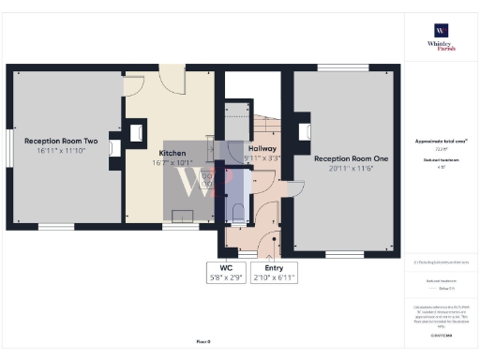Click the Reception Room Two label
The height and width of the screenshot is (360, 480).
(x=61, y=139)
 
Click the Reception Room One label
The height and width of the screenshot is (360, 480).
(x=351, y=159)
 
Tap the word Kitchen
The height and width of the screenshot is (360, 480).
(x=172, y=153)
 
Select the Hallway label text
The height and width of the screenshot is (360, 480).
(x=262, y=149)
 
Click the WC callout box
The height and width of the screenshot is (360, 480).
(x=225, y=272)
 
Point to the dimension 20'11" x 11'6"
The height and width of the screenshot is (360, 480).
(x=351, y=170)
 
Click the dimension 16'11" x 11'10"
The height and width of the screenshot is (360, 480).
(x=61, y=149)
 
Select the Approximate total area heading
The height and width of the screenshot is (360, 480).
(x=440, y=141)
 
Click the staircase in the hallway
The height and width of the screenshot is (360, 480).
(x=267, y=127)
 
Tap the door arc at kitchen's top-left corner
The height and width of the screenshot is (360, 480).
(x=134, y=82)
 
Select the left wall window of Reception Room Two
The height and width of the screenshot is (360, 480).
(x=10, y=150)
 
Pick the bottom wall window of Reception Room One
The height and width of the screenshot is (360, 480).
(x=339, y=254)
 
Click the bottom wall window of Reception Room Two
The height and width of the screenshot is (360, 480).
(x=55, y=226)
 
